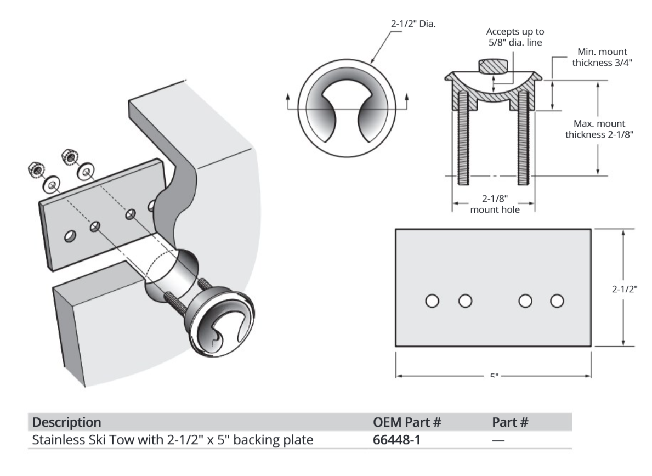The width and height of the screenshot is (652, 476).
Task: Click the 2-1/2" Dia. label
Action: coord(410,25)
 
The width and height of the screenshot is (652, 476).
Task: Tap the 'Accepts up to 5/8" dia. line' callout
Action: coord(515,36)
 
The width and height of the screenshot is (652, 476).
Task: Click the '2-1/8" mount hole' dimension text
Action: coord(493,203)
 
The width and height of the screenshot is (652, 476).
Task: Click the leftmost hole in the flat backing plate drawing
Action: coord(432,301)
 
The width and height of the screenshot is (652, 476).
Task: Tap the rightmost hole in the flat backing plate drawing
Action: coord(557,301)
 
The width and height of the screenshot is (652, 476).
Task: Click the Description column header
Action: coord(66,422)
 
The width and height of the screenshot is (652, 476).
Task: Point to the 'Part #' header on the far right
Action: coord(510,422)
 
